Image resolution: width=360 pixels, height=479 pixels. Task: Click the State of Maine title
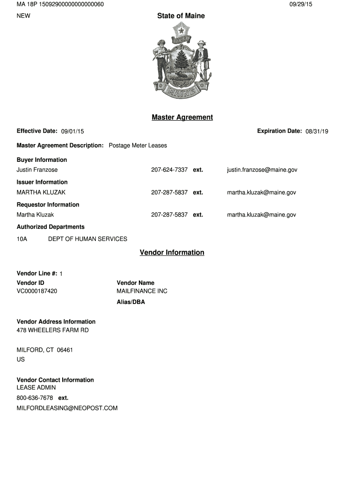point(181,16)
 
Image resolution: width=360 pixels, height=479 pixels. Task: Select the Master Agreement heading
point(182,117)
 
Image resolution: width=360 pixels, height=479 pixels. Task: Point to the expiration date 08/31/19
point(317,131)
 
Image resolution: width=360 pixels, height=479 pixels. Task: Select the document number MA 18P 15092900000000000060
point(60,4)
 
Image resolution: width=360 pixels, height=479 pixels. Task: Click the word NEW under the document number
point(23,16)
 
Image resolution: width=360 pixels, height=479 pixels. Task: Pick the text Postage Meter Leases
point(138,145)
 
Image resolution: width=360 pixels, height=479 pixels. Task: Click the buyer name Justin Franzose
point(37,170)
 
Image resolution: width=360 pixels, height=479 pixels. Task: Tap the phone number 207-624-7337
point(169,170)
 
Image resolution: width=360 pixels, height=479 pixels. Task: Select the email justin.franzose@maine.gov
point(262,170)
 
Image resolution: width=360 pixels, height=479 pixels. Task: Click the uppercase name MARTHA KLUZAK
point(41,192)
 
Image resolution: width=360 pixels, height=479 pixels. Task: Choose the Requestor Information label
point(48,204)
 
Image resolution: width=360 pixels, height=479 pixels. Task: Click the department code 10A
point(22,239)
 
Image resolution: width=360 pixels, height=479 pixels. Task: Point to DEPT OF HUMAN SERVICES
point(88,239)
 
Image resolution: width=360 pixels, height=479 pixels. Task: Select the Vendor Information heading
point(172,253)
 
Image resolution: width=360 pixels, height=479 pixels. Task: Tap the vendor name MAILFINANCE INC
point(142,291)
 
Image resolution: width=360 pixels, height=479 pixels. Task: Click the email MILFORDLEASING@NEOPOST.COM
point(67,408)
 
